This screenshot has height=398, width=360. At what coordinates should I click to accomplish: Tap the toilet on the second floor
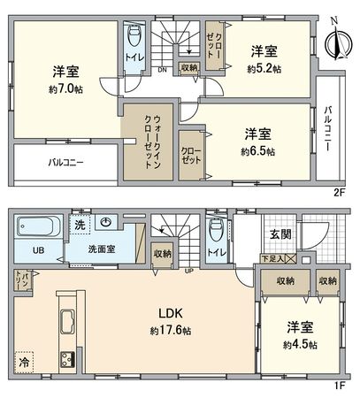(x=134, y=37)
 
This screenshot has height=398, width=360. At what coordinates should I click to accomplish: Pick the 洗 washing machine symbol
(x=78, y=225)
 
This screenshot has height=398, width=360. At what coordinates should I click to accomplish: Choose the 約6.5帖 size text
(x=258, y=151)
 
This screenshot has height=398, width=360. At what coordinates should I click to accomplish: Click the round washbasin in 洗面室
(x=106, y=224)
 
